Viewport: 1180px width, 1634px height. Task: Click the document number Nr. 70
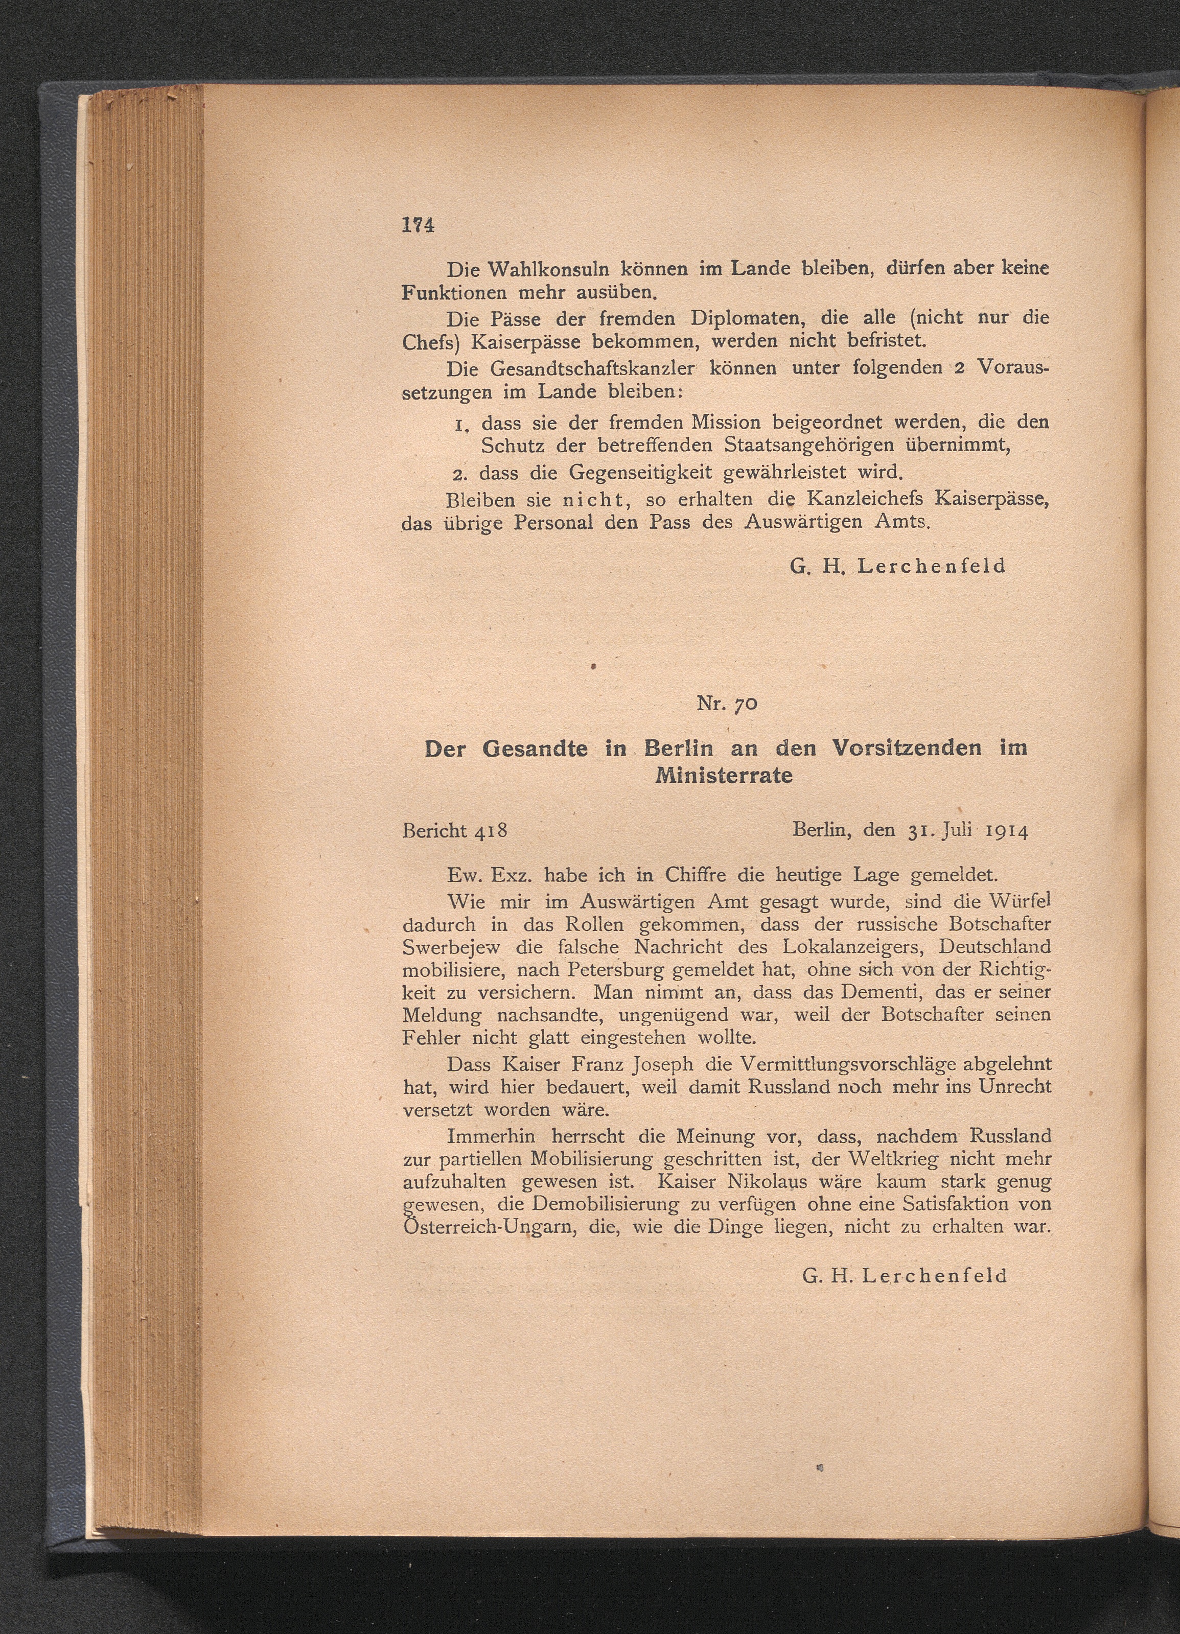(x=727, y=704)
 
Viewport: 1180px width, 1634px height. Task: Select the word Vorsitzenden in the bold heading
(x=906, y=748)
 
